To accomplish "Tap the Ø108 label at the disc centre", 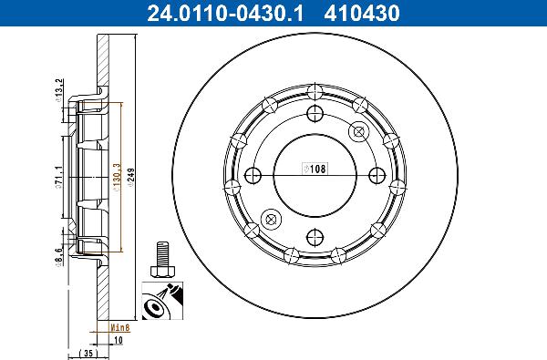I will (315, 170).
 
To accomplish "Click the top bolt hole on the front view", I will (315, 113).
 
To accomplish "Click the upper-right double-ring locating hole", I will (359, 130).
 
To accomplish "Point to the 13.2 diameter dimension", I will (59, 89).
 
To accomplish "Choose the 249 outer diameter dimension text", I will (132, 174).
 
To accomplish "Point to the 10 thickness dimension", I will (119, 343).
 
